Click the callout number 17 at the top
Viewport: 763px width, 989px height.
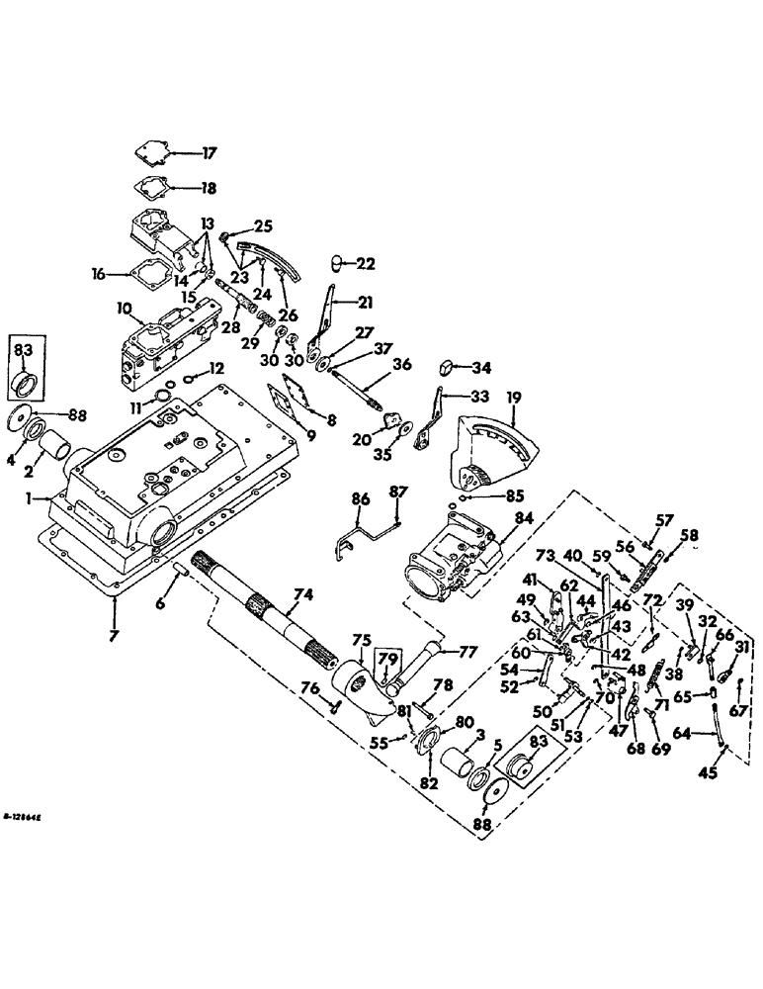coord(209,153)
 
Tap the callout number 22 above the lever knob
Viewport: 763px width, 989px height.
coord(366,264)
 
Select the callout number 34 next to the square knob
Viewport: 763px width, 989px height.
coord(480,369)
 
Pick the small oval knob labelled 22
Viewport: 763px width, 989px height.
coord(335,263)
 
